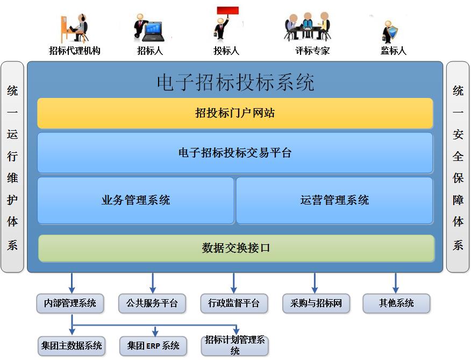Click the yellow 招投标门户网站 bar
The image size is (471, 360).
(x=235, y=113)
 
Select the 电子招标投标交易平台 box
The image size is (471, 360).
(x=235, y=153)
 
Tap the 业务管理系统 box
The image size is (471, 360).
(x=135, y=200)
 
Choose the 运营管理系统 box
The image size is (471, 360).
(x=334, y=200)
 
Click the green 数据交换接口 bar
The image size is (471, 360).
(x=236, y=248)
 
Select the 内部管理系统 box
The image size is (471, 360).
(x=70, y=303)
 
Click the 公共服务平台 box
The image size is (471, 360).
(x=152, y=303)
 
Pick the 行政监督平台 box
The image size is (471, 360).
(x=233, y=303)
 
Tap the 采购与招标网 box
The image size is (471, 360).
(x=316, y=303)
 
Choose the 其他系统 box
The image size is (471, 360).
(x=396, y=303)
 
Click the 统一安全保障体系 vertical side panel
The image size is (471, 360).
(x=458, y=167)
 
